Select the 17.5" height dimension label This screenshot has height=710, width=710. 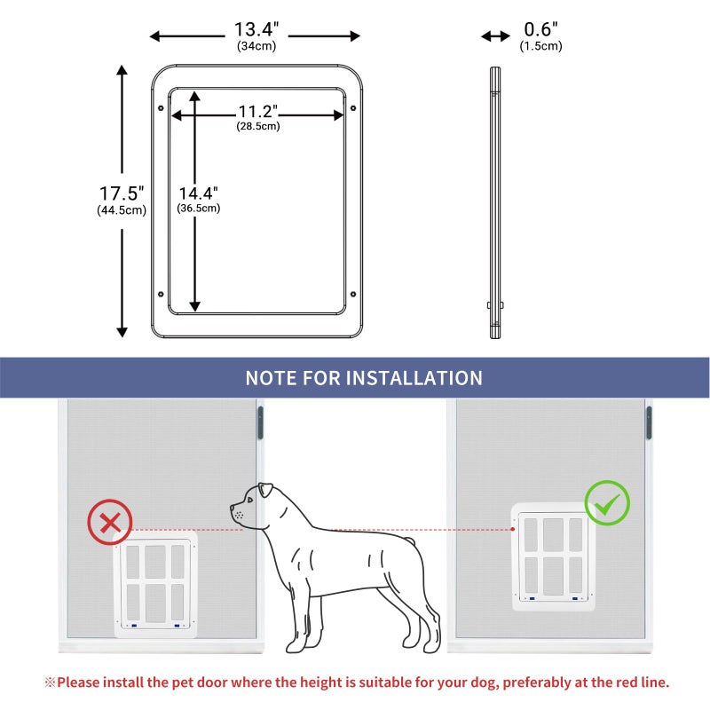122,193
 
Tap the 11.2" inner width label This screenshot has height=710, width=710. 257,112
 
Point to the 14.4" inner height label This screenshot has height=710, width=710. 198,193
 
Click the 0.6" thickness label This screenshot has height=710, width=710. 540,30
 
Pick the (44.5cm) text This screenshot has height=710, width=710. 122,210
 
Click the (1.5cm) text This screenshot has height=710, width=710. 540,46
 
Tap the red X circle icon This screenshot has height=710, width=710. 110,522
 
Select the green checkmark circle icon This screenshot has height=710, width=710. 607,503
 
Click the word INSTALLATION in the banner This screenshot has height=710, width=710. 414,378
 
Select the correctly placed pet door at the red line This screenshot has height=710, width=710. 553,556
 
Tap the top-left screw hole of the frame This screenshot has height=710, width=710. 161,108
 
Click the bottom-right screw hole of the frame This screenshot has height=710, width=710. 353,295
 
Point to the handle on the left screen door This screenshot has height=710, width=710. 260,422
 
